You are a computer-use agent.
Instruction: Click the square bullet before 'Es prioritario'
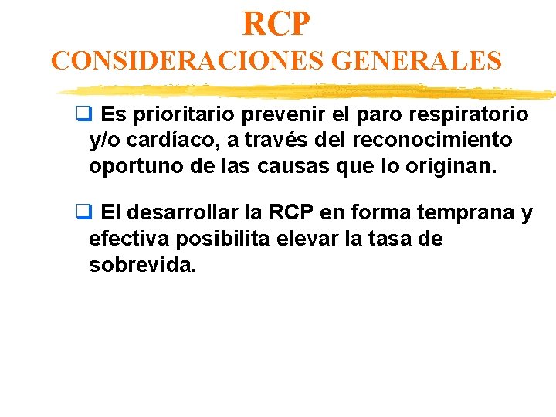point(80,116)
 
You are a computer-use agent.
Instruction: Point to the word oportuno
point(132,165)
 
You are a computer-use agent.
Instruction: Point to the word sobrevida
point(142,264)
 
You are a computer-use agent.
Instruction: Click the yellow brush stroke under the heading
point(309,92)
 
